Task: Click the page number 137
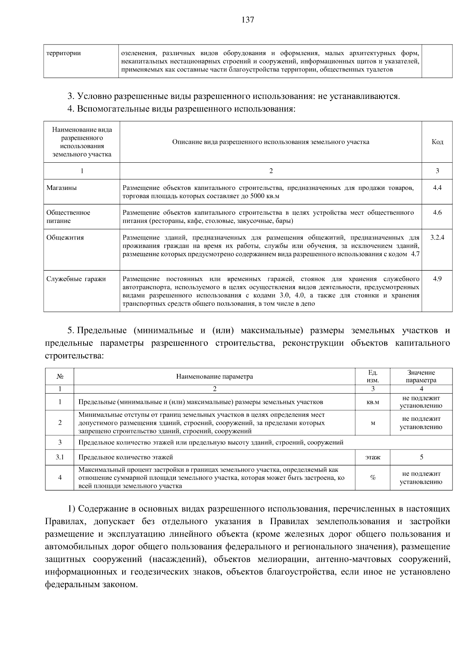pos(248,20)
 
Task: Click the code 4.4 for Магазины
pos(437,188)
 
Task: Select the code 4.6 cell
pos(437,213)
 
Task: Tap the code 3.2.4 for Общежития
pos(437,238)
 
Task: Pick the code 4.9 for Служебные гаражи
pos(437,279)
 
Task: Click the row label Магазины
pos(61,188)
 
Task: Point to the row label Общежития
pos(65,238)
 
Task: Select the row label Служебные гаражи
pos(76,279)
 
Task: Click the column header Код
pos(437,142)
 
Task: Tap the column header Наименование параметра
pos(214,377)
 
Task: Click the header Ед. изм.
pos(372,377)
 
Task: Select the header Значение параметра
pos(421,377)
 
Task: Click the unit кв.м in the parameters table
pos(372,402)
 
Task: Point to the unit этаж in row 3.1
pos(372,457)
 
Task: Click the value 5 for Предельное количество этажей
pos(421,457)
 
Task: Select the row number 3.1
pos(60,457)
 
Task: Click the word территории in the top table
pos(63,53)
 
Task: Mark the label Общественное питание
pos(68,217)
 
